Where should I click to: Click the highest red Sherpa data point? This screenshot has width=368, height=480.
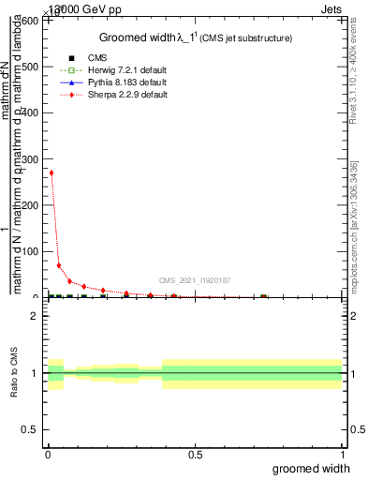51,172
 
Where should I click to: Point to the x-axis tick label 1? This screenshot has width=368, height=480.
342,455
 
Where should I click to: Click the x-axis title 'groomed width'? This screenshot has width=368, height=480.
319,468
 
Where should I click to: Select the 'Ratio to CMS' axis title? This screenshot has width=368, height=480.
14,373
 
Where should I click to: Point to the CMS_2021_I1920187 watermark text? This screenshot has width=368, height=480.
194,280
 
